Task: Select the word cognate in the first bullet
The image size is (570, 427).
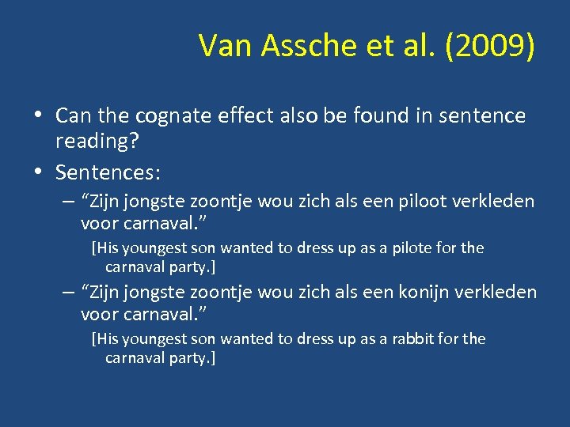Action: [x=174, y=116]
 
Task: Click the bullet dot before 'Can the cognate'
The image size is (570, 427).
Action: [x=38, y=116]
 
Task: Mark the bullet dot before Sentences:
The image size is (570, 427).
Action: [x=38, y=169]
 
